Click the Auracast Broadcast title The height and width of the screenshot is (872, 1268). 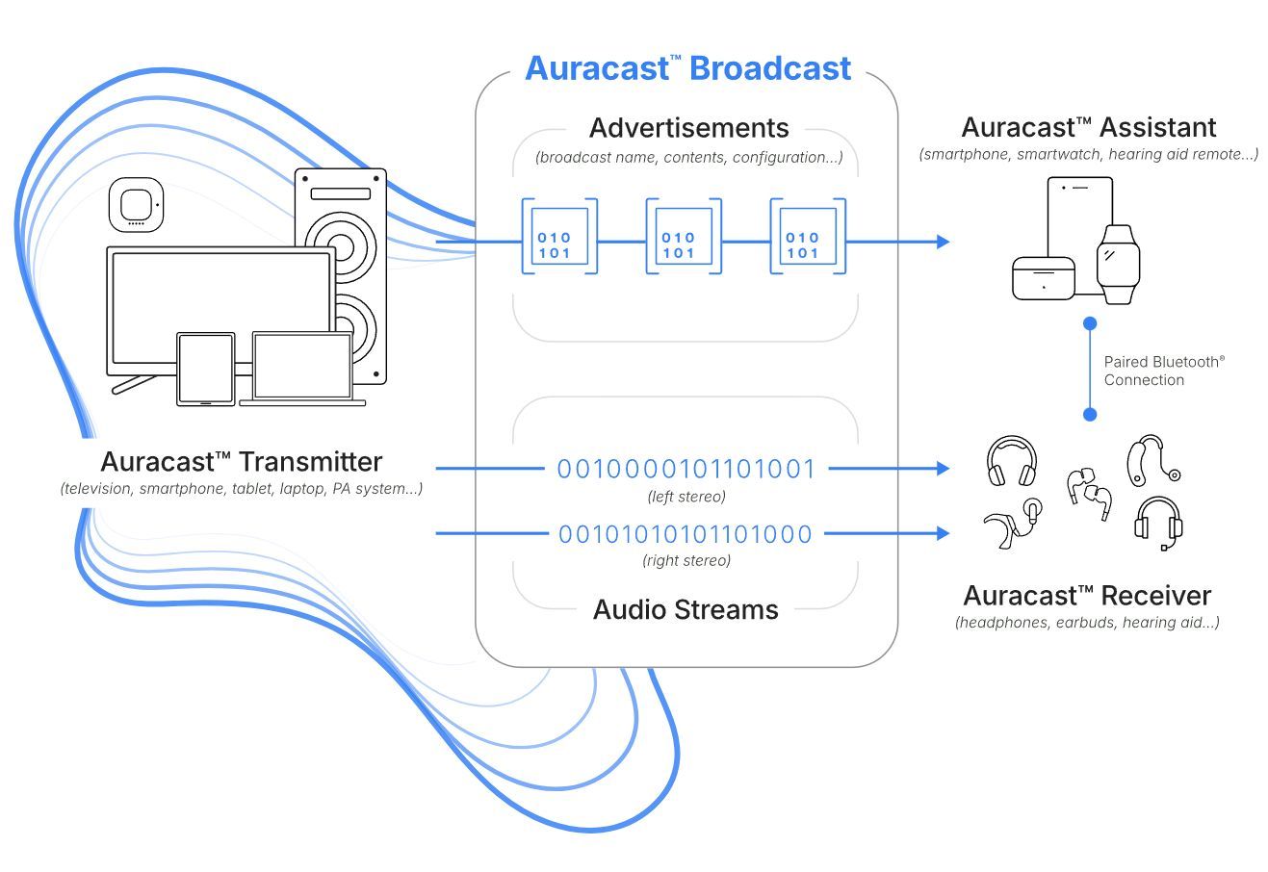687,68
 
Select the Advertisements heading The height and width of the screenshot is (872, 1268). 688,128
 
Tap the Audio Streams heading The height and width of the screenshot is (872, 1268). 686,609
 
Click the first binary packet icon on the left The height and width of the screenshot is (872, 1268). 559,237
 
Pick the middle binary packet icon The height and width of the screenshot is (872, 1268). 684,237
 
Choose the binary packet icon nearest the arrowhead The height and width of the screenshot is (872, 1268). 808,237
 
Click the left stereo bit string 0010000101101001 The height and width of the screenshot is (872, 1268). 686,470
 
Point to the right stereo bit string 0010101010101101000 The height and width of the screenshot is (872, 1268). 686,534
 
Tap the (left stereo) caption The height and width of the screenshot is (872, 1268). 686,497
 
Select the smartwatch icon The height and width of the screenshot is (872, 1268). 1118,263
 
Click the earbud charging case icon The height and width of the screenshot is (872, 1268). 1043,277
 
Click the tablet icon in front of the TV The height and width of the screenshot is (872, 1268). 205,369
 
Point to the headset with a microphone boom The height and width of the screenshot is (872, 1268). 1158,523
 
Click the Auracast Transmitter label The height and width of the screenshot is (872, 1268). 241,462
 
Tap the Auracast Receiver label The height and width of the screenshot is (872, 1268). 1087,595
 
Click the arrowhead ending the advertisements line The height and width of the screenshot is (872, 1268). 943,242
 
